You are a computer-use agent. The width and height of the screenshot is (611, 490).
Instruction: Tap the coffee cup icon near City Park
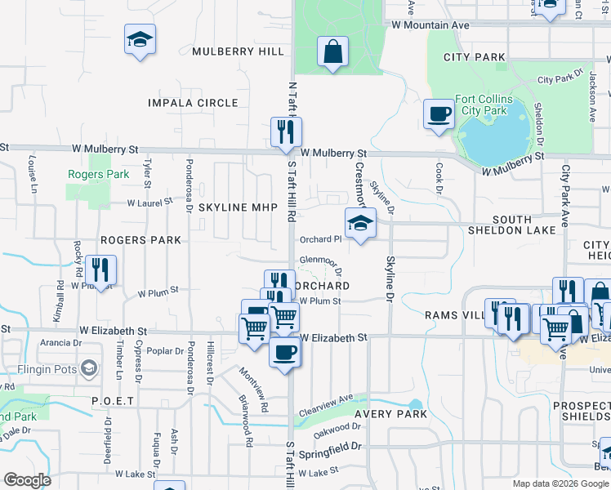pyautogui.click(x=439, y=114)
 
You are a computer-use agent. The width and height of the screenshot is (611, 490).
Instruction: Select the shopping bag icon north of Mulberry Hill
pyautogui.click(x=332, y=52)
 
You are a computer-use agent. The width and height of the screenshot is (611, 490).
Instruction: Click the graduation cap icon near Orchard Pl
pyautogui.click(x=359, y=224)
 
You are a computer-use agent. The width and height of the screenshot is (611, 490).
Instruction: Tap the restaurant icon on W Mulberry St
pyautogui.click(x=286, y=131)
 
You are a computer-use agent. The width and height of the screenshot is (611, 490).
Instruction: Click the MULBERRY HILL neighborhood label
pyautogui.click(x=239, y=51)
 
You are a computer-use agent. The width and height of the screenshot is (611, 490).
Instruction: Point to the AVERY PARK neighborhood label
pyautogui.click(x=390, y=414)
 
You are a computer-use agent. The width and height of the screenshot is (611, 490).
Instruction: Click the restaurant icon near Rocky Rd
pyautogui.click(x=100, y=269)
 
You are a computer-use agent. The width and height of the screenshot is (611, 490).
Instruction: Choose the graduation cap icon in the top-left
pyautogui.click(x=140, y=38)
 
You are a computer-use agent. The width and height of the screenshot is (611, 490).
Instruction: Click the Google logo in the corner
pyautogui.click(x=27, y=480)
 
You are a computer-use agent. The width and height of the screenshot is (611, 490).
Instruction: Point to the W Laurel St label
pyautogui.click(x=150, y=202)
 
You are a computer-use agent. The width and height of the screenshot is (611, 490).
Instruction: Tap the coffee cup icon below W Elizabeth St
pyautogui.click(x=284, y=352)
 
